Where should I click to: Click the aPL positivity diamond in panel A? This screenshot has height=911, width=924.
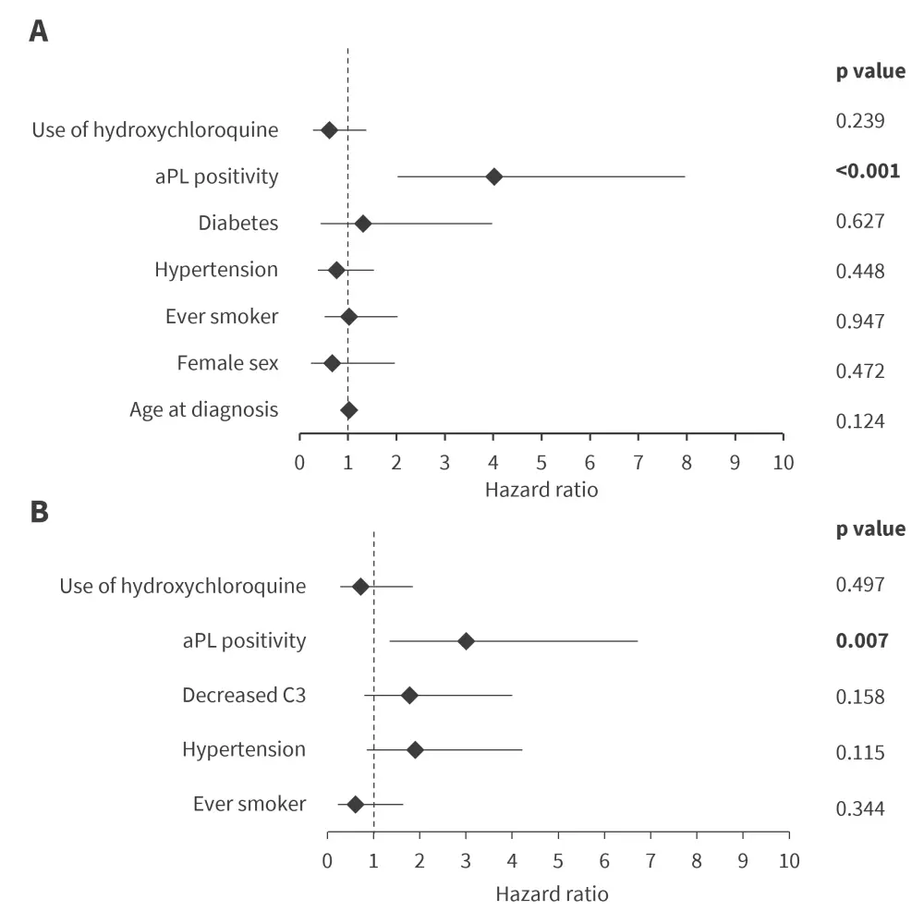tap(494, 176)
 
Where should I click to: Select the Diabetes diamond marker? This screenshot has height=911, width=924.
tap(363, 224)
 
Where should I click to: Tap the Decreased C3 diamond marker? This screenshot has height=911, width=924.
tap(409, 696)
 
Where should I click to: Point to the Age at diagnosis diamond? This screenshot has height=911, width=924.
tap(348, 410)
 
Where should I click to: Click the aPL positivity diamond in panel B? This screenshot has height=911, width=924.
tap(466, 641)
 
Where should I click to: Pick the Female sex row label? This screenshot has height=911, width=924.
tap(227, 363)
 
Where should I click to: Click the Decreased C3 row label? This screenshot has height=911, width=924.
tap(244, 695)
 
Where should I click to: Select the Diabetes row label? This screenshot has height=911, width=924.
tap(237, 223)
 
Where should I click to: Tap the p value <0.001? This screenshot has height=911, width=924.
tap(867, 171)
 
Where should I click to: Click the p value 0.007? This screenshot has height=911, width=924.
tap(861, 640)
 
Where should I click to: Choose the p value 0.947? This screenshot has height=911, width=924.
tap(860, 322)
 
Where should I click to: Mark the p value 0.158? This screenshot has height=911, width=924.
tap(860, 697)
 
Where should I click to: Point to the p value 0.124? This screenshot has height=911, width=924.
tap(860, 421)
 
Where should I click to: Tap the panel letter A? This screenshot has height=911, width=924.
tap(38, 32)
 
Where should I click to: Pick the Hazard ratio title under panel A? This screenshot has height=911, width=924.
tap(541, 490)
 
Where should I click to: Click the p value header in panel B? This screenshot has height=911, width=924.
tap(870, 529)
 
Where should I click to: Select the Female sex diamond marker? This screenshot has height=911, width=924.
tap(332, 364)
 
